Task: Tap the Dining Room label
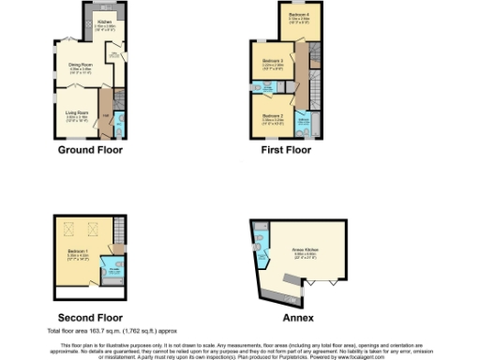click(x=80, y=65)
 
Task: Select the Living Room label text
click(x=77, y=113)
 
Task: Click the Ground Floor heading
click(x=91, y=149)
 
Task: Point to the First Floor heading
click(x=286, y=149)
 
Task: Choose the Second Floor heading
click(x=90, y=318)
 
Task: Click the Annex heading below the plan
click(x=287, y=318)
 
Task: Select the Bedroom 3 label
click(x=273, y=62)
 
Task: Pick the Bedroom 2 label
click(x=273, y=117)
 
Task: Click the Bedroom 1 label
click(x=79, y=252)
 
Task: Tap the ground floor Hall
click(x=106, y=115)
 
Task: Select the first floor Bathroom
click(x=304, y=121)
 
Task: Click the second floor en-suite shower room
click(x=114, y=271)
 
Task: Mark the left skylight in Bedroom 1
click(x=68, y=228)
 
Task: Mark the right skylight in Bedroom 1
click(x=92, y=228)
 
